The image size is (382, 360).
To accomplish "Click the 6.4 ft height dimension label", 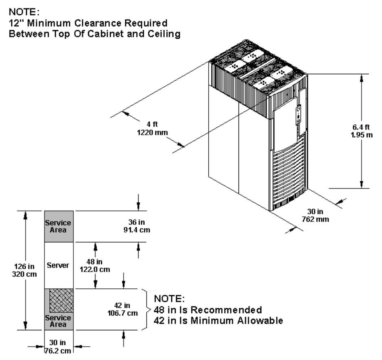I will click(x=362, y=127).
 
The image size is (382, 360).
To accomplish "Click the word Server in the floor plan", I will click(x=58, y=266).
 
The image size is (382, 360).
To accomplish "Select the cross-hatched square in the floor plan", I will click(x=62, y=301).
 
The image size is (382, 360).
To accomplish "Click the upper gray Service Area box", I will click(x=59, y=226).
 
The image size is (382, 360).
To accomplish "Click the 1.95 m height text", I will click(x=362, y=135).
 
